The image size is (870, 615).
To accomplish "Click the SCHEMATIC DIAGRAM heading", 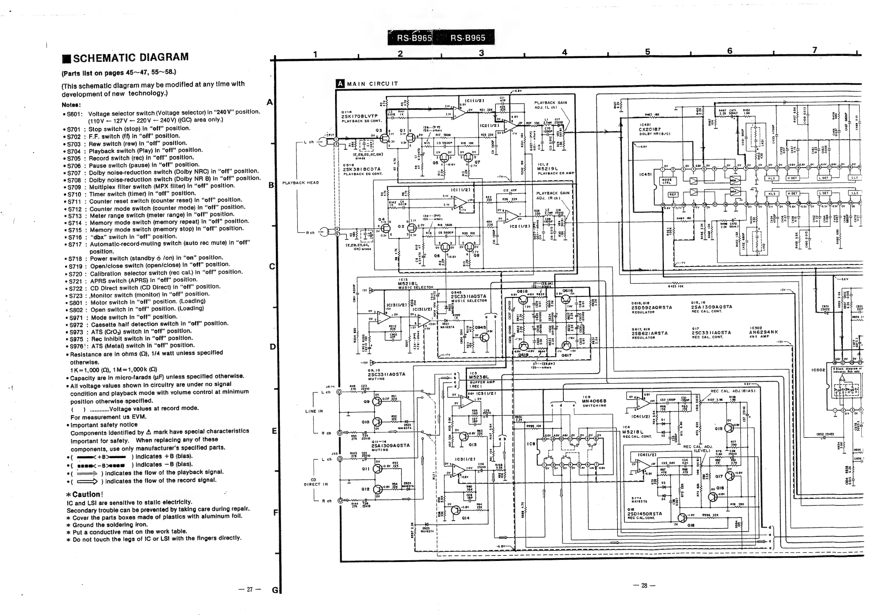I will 131,58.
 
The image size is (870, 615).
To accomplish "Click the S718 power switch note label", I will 75,259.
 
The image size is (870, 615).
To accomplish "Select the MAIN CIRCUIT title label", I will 371,84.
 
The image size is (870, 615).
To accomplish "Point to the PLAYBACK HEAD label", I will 300,183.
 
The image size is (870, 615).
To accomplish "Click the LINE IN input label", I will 314,411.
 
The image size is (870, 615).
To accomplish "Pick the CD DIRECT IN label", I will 314,482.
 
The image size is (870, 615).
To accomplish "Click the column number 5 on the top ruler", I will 647,51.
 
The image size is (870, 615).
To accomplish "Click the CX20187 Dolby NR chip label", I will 650,129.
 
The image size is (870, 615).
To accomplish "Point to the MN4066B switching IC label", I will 594,401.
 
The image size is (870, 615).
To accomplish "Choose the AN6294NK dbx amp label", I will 763,332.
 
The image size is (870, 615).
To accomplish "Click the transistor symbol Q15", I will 729,428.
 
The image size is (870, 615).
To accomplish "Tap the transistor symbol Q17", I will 729,476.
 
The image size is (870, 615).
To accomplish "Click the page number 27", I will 249,589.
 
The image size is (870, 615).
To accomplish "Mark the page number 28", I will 644,585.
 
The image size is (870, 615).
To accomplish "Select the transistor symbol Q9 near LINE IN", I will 377,401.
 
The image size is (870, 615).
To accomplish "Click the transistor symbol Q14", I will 456,510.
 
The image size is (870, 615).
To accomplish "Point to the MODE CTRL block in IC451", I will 666,182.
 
